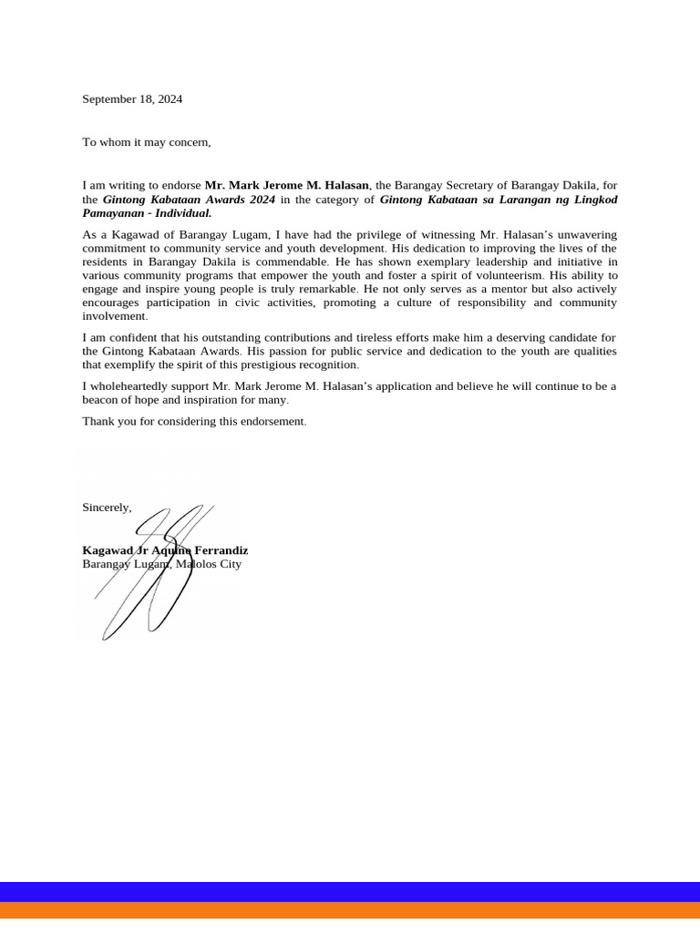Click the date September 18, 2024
tap(132, 99)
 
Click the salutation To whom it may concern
tap(147, 142)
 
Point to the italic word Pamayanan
tap(114, 213)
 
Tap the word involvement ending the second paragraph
tap(114, 316)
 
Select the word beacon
tap(101, 400)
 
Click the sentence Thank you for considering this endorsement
tap(194, 422)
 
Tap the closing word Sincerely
tap(107, 508)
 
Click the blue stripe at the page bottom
tap(350, 891)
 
